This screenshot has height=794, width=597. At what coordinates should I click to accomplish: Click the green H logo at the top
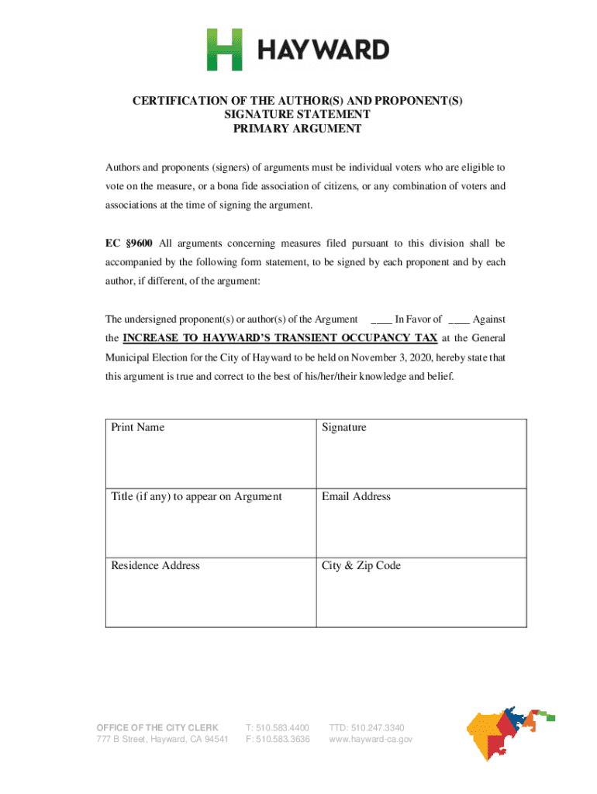(224, 50)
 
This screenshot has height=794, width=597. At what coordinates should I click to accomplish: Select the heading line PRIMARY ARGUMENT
(298, 129)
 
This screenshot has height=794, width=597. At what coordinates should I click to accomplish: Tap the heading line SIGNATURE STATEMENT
(298, 115)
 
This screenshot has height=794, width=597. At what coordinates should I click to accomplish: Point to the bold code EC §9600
(129, 243)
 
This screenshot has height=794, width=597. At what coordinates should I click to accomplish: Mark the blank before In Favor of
(381, 319)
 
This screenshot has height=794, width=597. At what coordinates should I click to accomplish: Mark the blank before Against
(458, 319)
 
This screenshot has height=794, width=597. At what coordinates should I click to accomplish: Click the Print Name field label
(137, 427)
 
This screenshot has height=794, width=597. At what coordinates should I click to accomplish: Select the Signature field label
(344, 427)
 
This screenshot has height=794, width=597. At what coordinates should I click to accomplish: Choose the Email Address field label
(356, 496)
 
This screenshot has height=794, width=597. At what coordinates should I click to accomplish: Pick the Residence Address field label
(155, 565)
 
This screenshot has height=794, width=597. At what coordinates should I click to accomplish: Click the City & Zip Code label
(361, 565)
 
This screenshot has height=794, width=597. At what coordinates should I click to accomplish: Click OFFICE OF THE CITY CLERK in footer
(157, 727)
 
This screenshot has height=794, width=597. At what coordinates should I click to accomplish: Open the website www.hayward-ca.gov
(371, 740)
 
